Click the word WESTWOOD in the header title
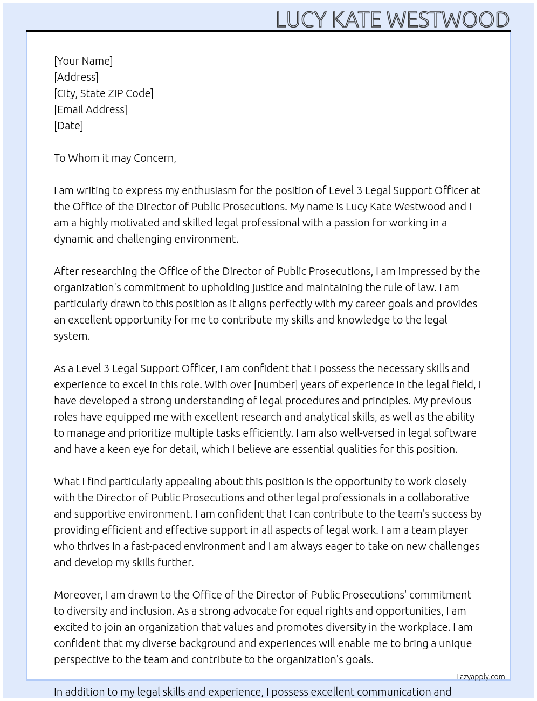(448, 19)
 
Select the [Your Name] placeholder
(83, 61)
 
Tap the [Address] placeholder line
(76, 77)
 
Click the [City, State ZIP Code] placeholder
(104, 93)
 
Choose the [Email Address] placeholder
(91, 109)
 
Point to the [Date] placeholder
(68, 126)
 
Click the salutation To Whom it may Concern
(115, 158)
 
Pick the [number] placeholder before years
(276, 384)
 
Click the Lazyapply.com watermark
(480, 677)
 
